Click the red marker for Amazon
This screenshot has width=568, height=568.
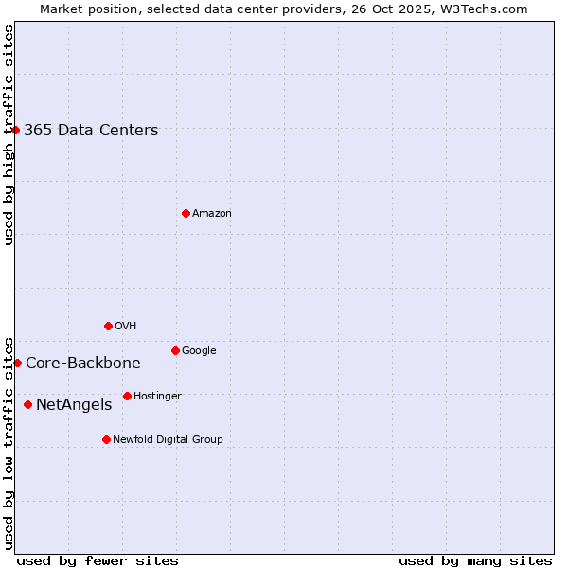click(x=186, y=213)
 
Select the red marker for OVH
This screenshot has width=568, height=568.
click(x=108, y=326)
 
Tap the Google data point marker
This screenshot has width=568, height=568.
click(x=175, y=350)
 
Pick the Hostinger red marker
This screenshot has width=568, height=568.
click(x=127, y=396)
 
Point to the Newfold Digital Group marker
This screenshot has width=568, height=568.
click(x=106, y=439)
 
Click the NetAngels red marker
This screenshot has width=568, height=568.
click(x=27, y=404)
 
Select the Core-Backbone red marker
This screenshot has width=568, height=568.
click(x=17, y=363)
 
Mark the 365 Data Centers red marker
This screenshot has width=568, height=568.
click(x=16, y=130)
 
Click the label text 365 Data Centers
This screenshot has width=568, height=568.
click(x=91, y=131)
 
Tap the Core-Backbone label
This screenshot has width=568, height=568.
click(x=83, y=364)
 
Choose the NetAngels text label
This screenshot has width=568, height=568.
click(x=74, y=405)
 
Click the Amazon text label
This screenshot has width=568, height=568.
click(x=212, y=214)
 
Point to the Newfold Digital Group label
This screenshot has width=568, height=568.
click(x=169, y=439)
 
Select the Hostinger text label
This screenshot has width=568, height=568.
click(x=157, y=396)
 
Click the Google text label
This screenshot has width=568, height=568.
click(x=199, y=350)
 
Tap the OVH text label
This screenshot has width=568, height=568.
click(x=126, y=326)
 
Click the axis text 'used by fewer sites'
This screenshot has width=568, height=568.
click(x=98, y=560)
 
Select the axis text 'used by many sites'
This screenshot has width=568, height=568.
click(x=475, y=560)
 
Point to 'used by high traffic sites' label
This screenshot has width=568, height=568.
click(x=9, y=134)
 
